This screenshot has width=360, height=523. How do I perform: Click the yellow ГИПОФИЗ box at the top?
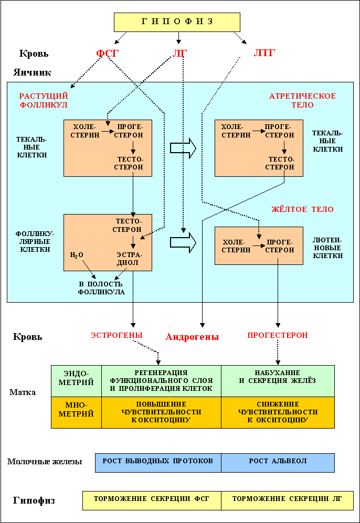click(177, 22)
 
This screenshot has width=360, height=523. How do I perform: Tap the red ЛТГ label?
click(264, 52)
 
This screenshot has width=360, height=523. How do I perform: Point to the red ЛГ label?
click(179, 54)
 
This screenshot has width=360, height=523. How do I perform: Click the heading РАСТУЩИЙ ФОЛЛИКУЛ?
click(44, 101)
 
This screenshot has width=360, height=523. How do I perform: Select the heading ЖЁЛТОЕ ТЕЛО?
click(302, 209)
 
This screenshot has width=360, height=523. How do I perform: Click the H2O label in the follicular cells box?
click(77, 255)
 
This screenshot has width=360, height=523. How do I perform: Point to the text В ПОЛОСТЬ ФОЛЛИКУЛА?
click(101, 288)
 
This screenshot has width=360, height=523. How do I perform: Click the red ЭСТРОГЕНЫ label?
click(117, 335)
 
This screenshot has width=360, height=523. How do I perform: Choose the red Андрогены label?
click(192, 337)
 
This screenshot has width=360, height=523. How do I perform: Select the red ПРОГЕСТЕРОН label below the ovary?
click(278, 335)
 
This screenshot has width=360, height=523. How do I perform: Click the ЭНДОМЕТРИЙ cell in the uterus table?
click(77, 381)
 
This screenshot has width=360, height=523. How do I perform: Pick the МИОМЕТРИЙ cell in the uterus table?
click(77, 412)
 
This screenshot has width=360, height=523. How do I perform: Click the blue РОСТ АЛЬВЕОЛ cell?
click(278, 461)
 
